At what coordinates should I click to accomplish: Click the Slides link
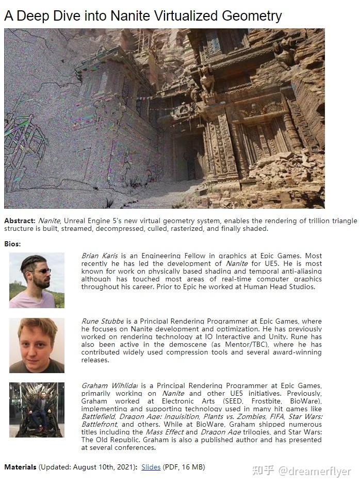point(151,467)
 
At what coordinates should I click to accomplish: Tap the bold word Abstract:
point(20,221)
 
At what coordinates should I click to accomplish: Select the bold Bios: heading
point(12,243)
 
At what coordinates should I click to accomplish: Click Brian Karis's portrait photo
point(37,280)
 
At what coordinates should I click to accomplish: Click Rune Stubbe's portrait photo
point(37,345)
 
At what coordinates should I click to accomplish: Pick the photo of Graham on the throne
point(37,410)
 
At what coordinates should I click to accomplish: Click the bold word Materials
point(20,467)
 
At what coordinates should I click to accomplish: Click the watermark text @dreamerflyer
point(315,471)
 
